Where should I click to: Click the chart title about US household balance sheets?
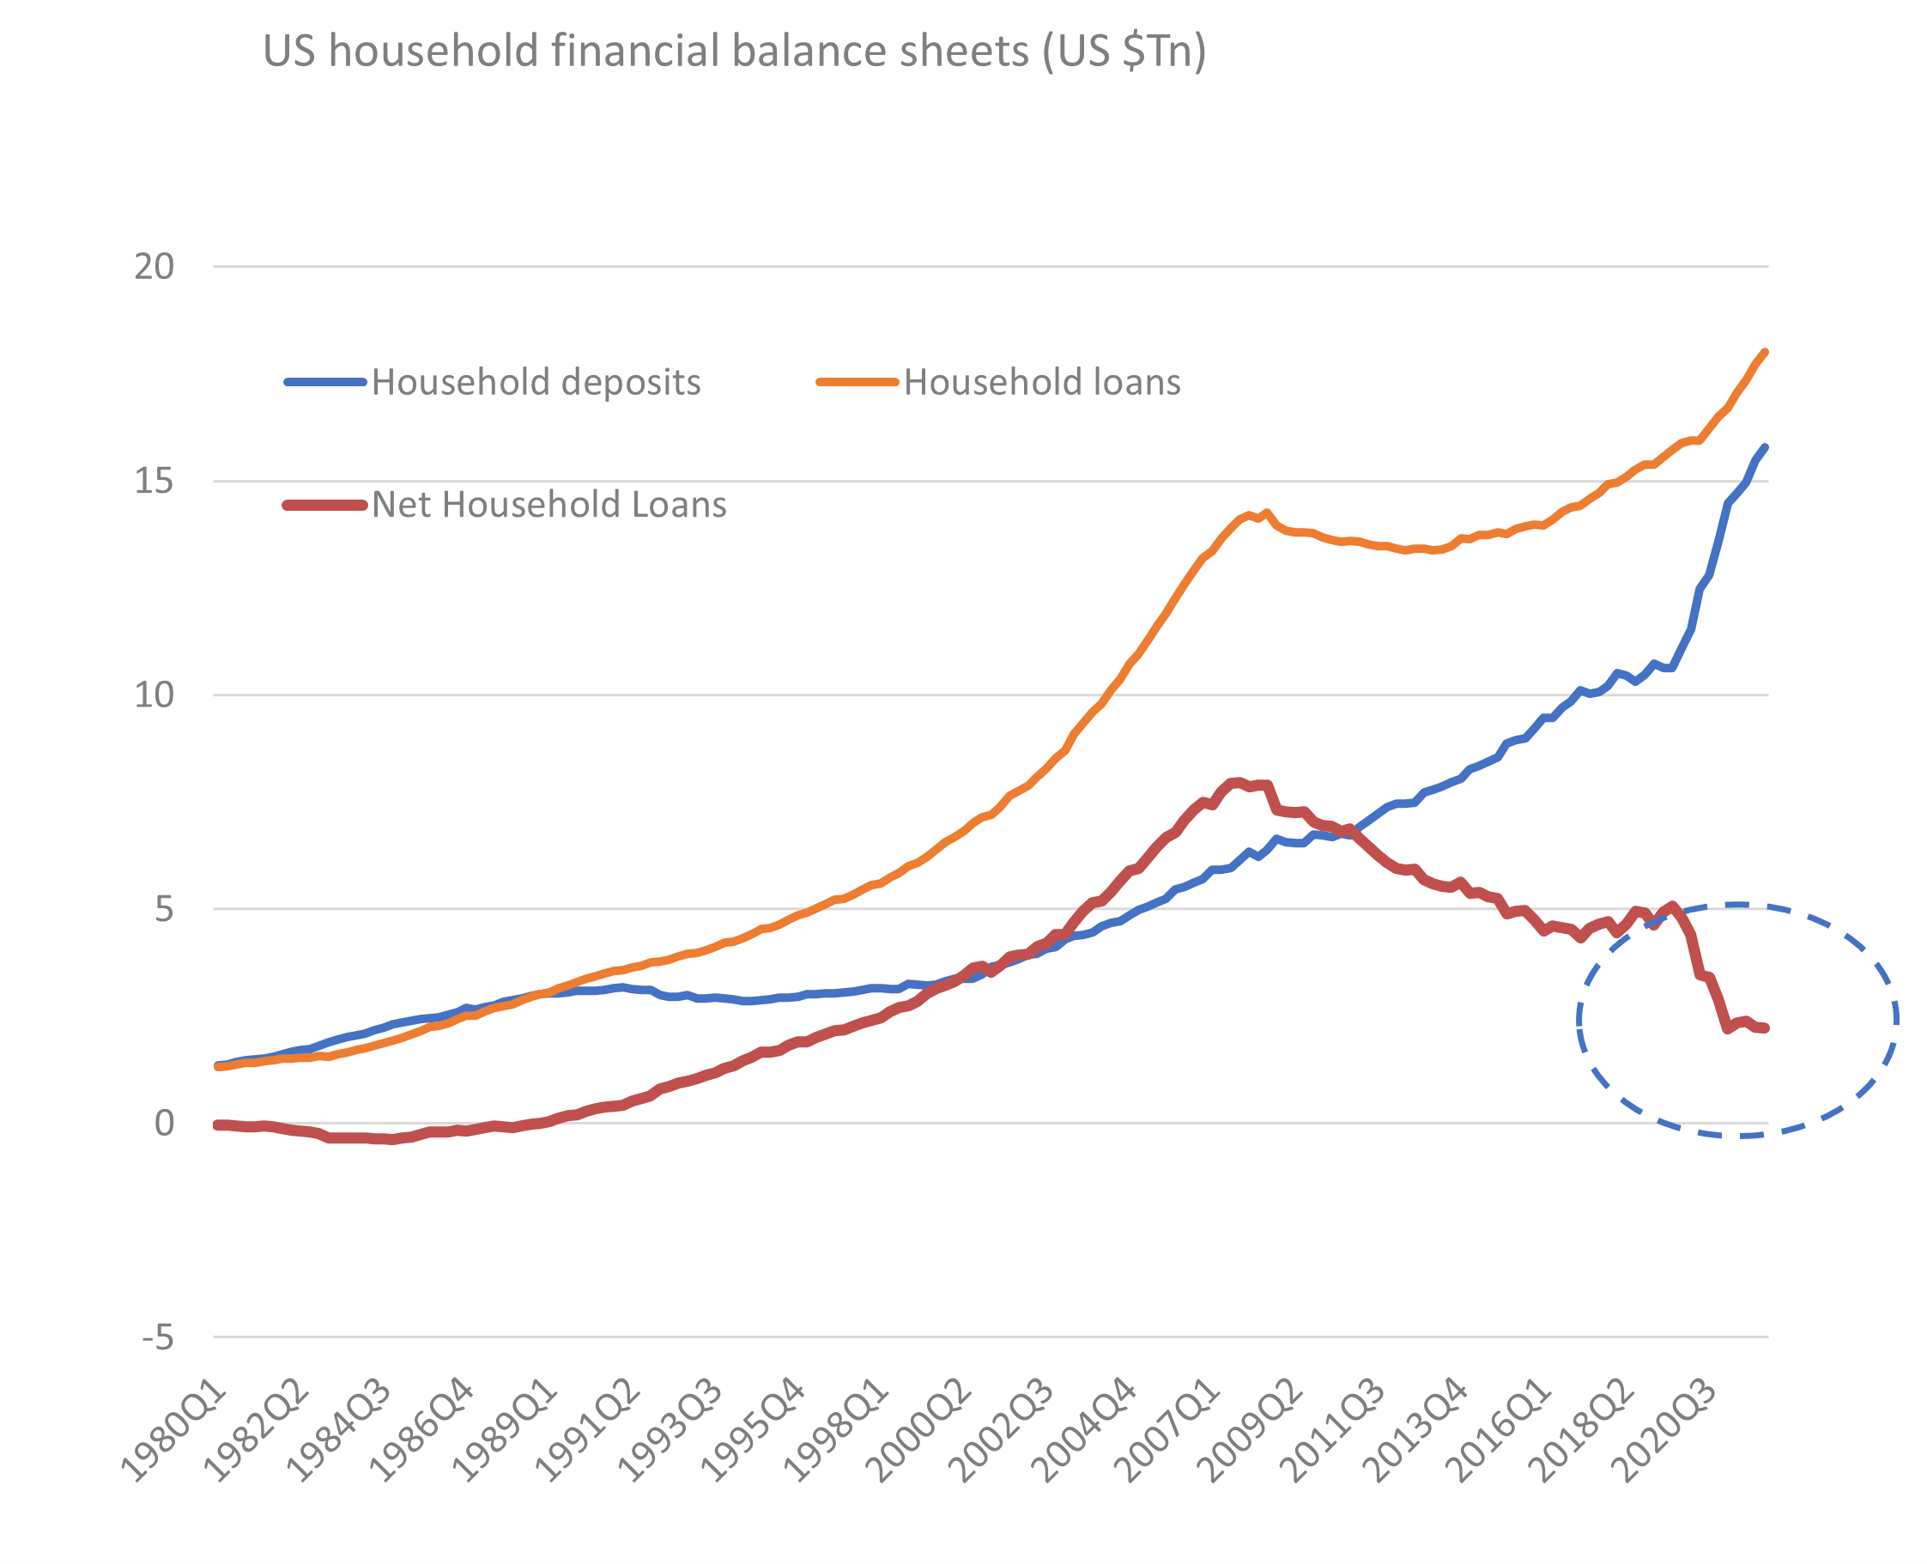point(734,51)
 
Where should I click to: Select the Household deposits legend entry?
point(535,382)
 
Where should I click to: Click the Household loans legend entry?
point(1041,382)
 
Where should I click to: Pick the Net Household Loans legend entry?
point(548,505)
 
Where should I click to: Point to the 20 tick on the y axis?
point(154,267)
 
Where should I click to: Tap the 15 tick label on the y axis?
point(154,481)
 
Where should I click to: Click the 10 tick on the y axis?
point(154,694)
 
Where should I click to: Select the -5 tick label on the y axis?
point(158,1338)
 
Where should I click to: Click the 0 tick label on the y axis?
point(164,1124)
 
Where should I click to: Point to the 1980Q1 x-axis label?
point(174,1433)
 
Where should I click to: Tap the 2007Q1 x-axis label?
point(1167,1433)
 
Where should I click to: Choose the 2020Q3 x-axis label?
point(1665,1433)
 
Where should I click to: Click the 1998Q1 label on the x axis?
point(836,1433)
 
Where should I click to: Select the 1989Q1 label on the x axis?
point(505,1433)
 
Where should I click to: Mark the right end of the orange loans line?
point(1764,352)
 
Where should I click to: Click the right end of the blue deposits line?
point(1764,448)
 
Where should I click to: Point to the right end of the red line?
point(1765,1028)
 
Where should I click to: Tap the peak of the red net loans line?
point(1239,782)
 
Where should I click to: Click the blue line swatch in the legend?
point(325,382)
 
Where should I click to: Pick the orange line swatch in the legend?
point(857,382)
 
